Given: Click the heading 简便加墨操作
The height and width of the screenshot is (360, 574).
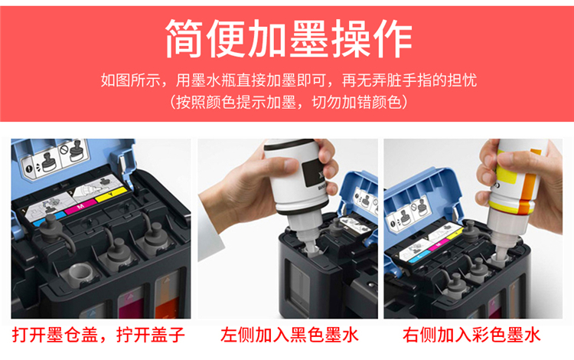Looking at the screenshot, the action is coord(289,38).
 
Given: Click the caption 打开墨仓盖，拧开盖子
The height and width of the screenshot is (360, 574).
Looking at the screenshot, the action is coord(99,335).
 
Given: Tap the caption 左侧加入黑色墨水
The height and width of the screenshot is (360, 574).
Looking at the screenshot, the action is coord(289,335).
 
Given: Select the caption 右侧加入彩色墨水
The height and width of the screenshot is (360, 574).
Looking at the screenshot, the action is coord(471,335).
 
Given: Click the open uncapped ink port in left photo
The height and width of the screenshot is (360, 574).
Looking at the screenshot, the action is coord(80,273).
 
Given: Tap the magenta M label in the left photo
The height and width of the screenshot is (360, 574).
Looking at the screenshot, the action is coord(80,207).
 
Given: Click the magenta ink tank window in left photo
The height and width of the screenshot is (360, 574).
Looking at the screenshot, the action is coord(130,301).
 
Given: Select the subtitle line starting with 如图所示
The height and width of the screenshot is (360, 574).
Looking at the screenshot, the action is coord(289,80).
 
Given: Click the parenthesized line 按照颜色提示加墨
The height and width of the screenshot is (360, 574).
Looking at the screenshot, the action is coord(289,102).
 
